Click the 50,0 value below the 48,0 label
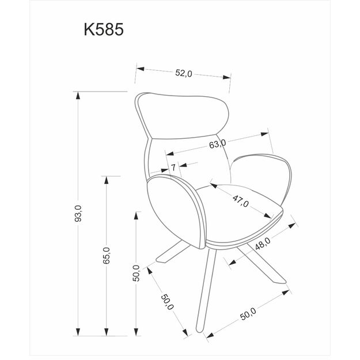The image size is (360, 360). point(248,314)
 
